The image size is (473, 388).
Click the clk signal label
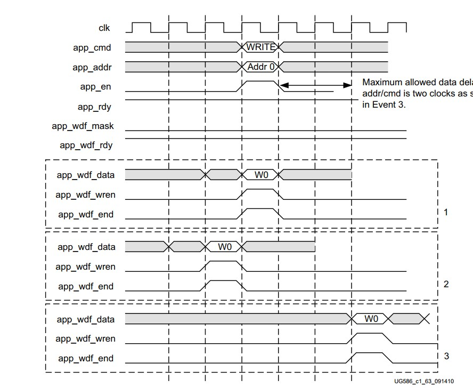[x=104, y=28]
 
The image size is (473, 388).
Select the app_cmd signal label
[x=92, y=47]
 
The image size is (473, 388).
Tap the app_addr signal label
[x=92, y=67]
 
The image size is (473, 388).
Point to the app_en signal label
[x=94, y=87]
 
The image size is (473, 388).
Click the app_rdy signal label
[x=94, y=107]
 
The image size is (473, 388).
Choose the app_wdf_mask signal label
[x=83, y=126]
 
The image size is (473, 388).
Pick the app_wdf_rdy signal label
[x=86, y=145]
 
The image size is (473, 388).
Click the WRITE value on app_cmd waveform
[x=260, y=47]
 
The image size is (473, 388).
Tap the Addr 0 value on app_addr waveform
[x=261, y=67]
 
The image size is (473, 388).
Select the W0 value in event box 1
[x=261, y=174]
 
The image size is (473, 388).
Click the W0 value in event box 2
[x=225, y=247]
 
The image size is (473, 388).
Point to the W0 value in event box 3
[x=371, y=319]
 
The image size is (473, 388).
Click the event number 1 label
[x=446, y=212]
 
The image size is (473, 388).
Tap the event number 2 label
[x=446, y=284]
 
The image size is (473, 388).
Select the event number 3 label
[x=446, y=356]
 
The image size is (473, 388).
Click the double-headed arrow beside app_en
[x=316, y=85]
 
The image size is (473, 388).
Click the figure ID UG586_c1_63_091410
[x=424, y=382]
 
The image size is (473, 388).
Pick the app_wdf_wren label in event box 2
[x=85, y=266]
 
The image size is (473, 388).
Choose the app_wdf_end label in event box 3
[x=86, y=358]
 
